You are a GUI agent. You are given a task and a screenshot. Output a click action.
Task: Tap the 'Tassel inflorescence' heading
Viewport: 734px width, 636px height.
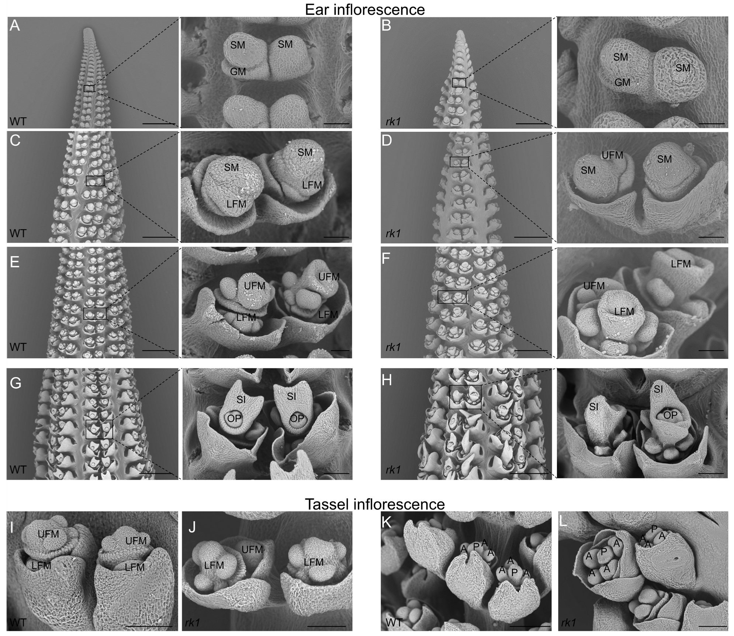[x=374, y=504]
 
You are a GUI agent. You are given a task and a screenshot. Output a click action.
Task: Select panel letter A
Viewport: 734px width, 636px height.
[x=15, y=26]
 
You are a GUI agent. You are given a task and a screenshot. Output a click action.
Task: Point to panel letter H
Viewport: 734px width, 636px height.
[x=387, y=380]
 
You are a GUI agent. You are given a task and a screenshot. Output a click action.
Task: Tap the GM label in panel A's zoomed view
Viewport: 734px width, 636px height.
[x=238, y=72]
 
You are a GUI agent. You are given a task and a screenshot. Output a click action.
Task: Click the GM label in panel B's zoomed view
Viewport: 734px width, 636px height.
[x=622, y=82]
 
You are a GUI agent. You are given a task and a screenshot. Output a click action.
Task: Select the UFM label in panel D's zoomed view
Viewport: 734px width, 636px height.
[x=612, y=155]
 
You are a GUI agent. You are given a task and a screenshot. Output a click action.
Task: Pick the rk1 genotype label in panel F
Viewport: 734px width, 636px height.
[x=393, y=347]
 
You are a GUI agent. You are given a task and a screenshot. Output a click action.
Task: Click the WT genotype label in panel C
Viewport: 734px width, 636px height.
[x=18, y=233]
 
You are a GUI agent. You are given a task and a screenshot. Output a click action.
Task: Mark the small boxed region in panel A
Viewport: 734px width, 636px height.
[x=89, y=88]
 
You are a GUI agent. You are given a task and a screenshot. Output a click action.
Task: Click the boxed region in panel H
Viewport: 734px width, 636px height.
[x=465, y=397]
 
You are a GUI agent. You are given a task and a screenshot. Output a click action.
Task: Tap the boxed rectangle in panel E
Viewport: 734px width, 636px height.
[x=95, y=313]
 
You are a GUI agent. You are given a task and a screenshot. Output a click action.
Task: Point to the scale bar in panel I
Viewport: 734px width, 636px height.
[x=149, y=626]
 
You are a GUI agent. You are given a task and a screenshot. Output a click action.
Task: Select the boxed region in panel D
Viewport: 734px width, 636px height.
[x=459, y=162]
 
